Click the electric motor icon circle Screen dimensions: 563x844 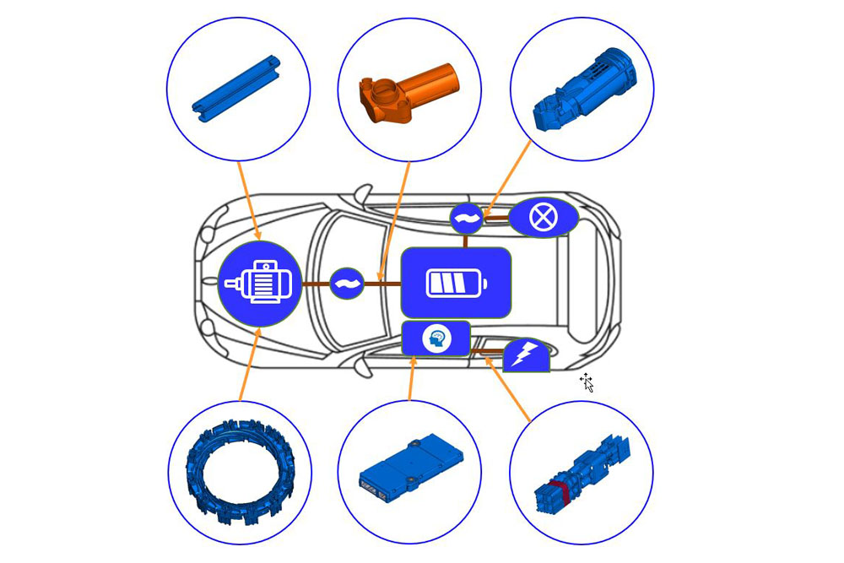(260, 284)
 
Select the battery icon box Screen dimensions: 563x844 (456, 283)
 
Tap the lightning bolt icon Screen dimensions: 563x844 (526, 355)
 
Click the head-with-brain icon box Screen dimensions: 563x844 (436, 338)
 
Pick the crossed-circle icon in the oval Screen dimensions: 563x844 (543, 218)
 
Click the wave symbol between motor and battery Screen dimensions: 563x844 (346, 284)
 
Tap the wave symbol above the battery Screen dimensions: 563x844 (466, 219)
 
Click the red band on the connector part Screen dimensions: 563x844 (557, 491)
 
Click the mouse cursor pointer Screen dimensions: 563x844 (587, 382)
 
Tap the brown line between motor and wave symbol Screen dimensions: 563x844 (315, 284)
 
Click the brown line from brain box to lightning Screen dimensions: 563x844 (487, 349)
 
